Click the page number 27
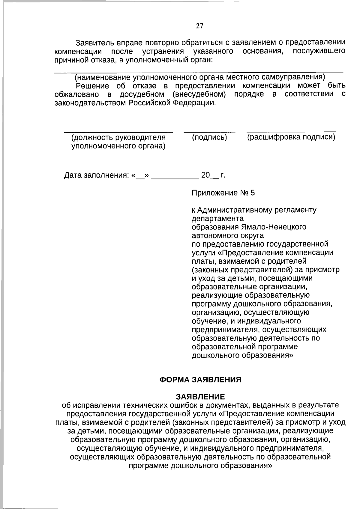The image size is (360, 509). pyautogui.click(x=199, y=26)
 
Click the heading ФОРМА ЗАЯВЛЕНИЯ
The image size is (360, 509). pyautogui.click(x=200, y=380)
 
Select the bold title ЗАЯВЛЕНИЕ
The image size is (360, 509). pyautogui.click(x=200, y=397)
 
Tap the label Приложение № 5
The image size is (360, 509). pyautogui.click(x=223, y=193)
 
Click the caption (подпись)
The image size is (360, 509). pyautogui.click(x=209, y=138)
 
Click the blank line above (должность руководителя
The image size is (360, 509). pyautogui.click(x=118, y=132)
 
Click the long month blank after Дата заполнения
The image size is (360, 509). pyautogui.click(x=175, y=178)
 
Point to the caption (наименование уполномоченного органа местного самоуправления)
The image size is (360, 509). pyautogui.click(x=200, y=77)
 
